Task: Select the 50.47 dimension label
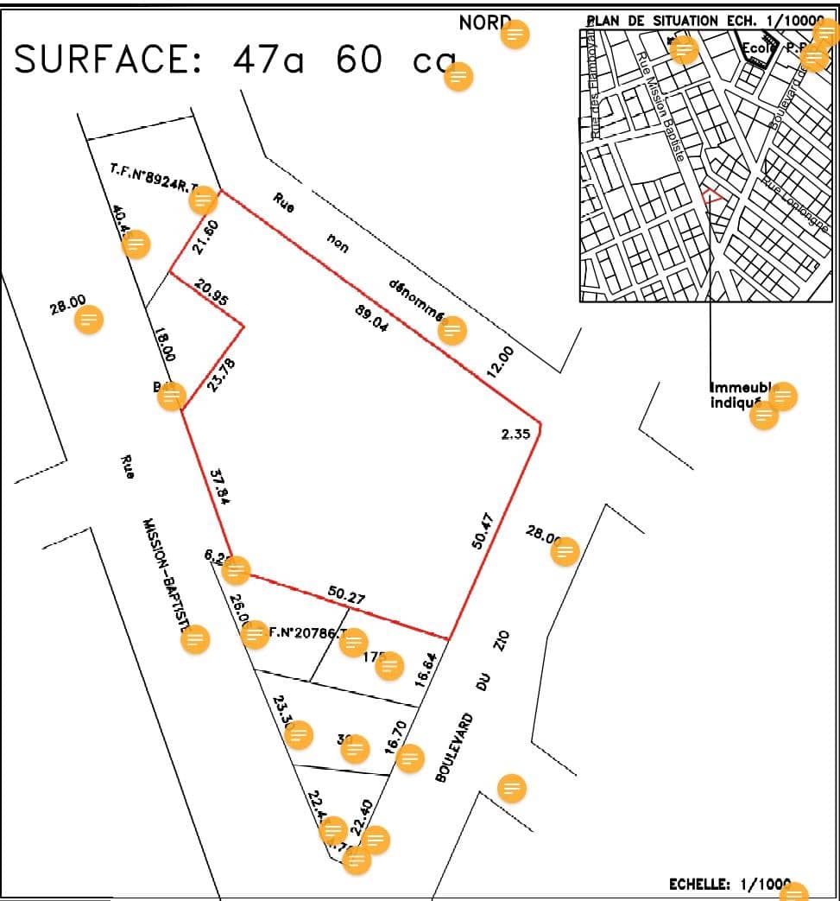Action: [x=484, y=530]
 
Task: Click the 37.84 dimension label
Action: [x=221, y=486]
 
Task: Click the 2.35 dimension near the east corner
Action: [x=515, y=435]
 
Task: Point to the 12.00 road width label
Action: [x=500, y=362]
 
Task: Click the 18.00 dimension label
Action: [x=164, y=344]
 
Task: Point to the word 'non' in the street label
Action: [x=337, y=244]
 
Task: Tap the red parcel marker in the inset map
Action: [x=711, y=195]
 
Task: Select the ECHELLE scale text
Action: [x=699, y=885]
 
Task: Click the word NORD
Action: [x=480, y=23]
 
